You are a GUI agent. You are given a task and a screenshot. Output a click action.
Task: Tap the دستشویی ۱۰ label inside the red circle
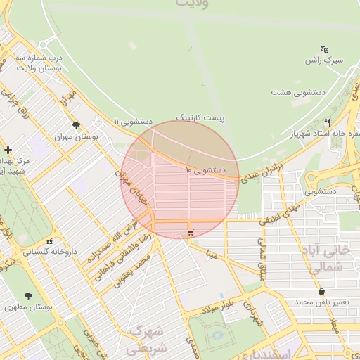[x=205, y=170]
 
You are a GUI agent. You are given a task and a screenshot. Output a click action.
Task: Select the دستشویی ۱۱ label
[x=116, y=122]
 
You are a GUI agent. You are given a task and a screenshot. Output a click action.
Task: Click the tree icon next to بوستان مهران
[x=76, y=126]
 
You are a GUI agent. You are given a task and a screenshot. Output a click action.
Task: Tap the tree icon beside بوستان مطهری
[x=28, y=297]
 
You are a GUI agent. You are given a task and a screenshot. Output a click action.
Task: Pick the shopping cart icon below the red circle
[x=190, y=233]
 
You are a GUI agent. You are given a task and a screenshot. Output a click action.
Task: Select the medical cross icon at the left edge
[x=7, y=150]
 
